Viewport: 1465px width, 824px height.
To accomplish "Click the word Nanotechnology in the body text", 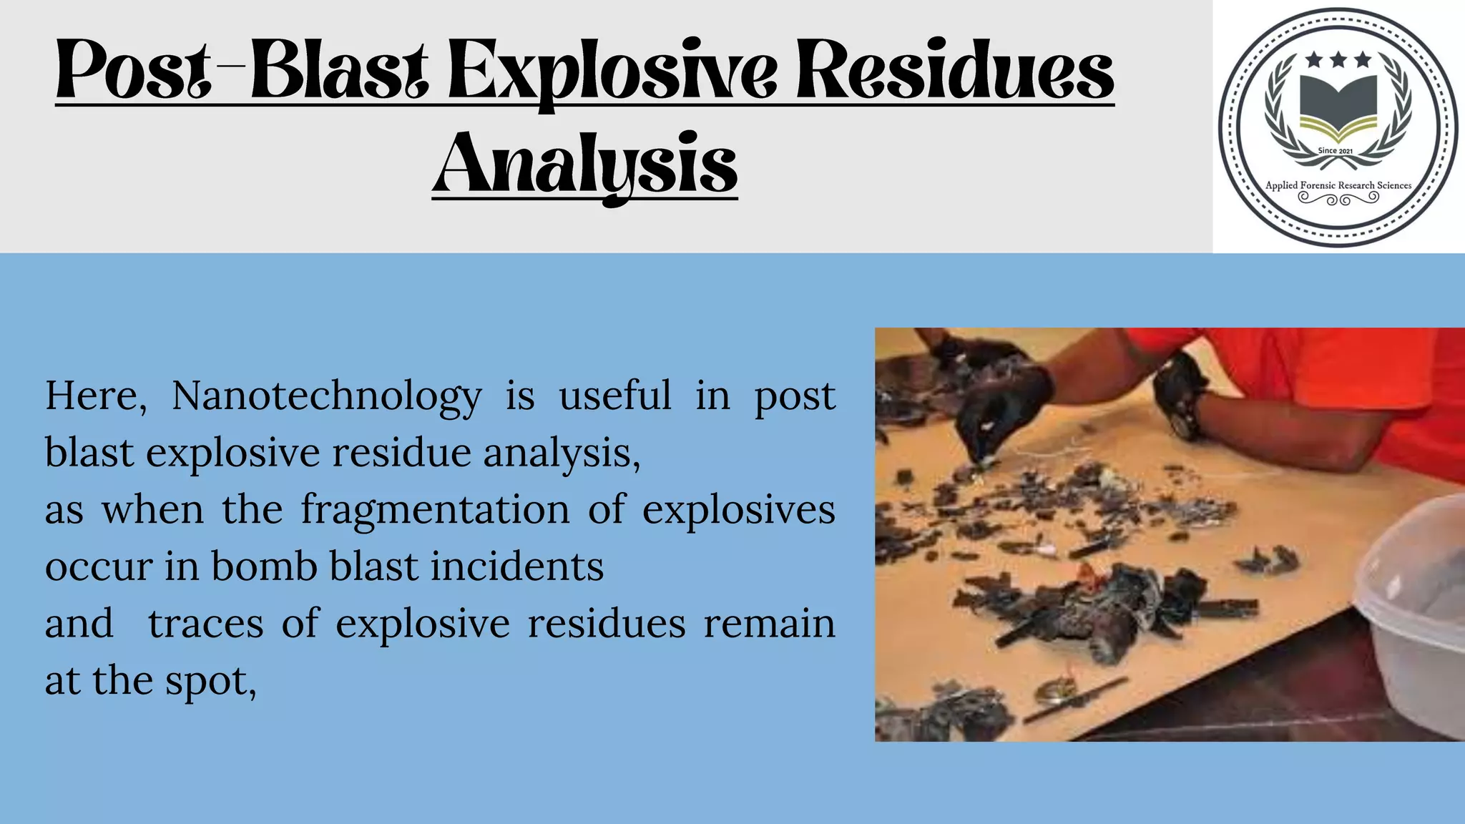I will click(x=327, y=396).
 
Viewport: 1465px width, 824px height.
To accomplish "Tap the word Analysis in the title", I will click(x=585, y=165).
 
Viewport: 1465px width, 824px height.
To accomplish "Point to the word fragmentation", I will click(x=435, y=511).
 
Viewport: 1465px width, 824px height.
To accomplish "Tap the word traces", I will click(x=206, y=623).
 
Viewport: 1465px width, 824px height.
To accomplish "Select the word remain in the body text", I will click(x=769, y=623).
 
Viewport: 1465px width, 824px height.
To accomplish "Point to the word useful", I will click(x=615, y=396).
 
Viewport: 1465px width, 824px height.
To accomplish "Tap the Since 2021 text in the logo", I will click(x=1336, y=151).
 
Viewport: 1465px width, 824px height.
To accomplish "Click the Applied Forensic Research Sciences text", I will click(x=1338, y=185).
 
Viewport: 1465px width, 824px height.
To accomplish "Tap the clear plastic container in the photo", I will click(x=1413, y=615).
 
